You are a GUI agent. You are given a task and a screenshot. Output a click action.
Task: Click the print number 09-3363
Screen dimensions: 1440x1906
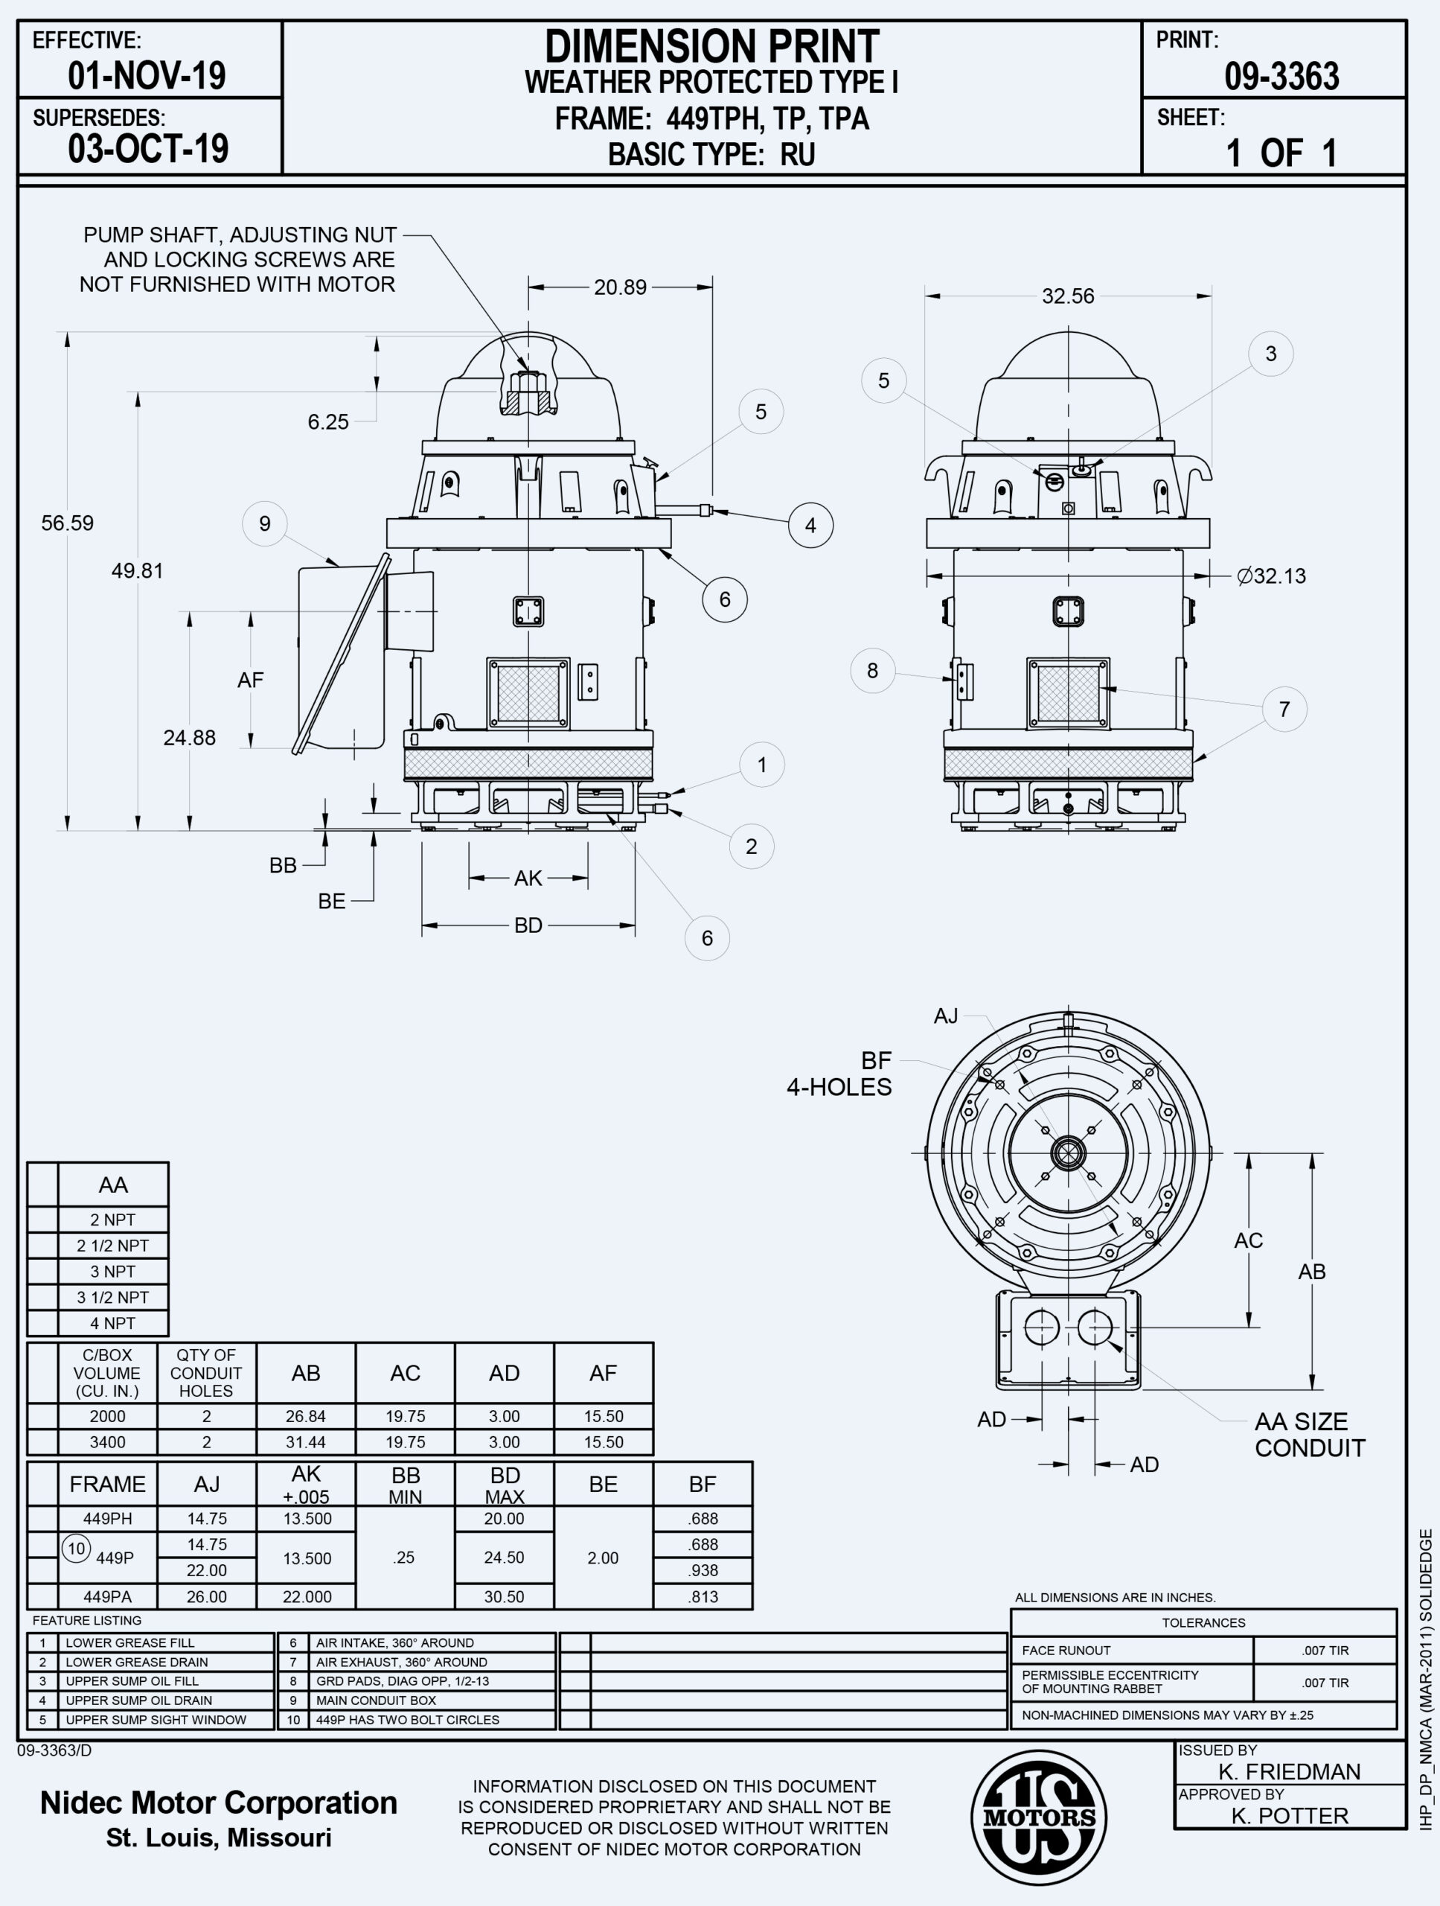(x=1281, y=77)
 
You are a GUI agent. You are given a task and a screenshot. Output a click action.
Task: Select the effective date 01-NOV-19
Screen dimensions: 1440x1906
(x=147, y=76)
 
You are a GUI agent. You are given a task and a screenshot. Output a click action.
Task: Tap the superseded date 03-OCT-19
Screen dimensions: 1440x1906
(x=148, y=149)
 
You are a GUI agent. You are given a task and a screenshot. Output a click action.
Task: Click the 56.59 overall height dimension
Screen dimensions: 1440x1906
(x=67, y=523)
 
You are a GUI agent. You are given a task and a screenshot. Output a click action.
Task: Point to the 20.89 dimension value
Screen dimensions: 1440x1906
(x=620, y=287)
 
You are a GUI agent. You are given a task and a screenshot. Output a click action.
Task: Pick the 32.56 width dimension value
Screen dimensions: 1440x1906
(x=1068, y=296)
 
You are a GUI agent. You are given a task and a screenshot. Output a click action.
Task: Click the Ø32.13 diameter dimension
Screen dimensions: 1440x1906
(x=1271, y=576)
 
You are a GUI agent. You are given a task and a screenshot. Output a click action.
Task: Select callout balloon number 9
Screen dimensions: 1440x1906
(x=264, y=524)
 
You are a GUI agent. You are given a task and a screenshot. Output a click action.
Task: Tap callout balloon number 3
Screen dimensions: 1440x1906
(x=1270, y=354)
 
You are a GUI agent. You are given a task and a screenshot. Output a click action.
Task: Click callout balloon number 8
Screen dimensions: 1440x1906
(x=872, y=670)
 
